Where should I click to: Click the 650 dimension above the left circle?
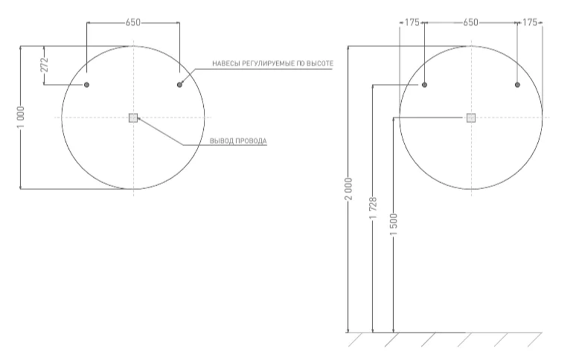point(133,23)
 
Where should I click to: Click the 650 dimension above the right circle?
point(470,23)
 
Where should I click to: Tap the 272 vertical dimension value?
point(44,65)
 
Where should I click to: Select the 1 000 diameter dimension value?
point(21,117)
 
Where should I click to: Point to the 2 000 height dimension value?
point(349,189)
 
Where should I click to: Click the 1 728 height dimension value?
point(373,208)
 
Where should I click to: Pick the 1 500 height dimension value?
point(394,225)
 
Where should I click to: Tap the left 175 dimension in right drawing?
point(412,23)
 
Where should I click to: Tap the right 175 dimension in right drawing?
point(530,23)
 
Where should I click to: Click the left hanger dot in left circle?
point(87,85)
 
